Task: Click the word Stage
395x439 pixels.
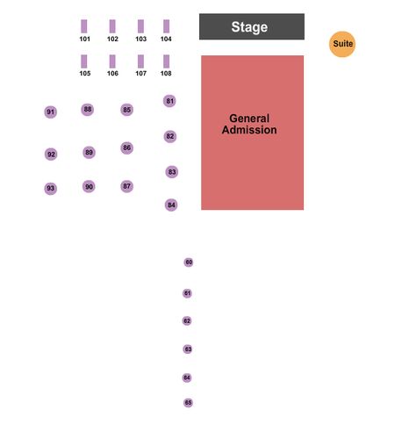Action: point(249,27)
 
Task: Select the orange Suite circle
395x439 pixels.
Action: point(342,44)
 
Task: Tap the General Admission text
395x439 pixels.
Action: point(249,124)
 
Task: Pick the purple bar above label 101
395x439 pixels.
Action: point(84,26)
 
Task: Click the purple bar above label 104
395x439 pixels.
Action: point(166,26)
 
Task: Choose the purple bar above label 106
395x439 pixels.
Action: point(112,61)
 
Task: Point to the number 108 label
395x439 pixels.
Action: point(166,74)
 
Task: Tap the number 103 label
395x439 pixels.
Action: point(140,39)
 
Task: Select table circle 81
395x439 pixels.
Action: point(169,101)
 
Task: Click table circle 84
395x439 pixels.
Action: point(171,205)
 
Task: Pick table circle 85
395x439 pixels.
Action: point(126,110)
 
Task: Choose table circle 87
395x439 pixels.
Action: point(126,186)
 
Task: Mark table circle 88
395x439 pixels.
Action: point(88,110)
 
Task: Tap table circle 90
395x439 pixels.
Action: point(89,187)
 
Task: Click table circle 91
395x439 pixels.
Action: point(51,112)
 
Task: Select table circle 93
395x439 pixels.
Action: point(51,189)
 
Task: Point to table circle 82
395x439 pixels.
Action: point(170,136)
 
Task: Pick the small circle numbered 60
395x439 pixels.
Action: point(189,263)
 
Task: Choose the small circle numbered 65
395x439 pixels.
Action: point(188,403)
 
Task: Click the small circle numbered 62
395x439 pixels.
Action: point(187,321)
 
